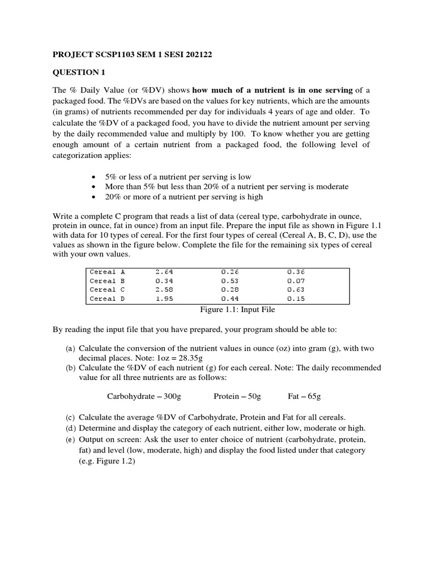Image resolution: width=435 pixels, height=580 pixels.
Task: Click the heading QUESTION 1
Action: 79,72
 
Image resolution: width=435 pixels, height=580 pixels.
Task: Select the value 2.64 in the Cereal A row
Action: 164,271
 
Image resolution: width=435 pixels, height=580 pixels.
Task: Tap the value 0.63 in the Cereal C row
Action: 296,289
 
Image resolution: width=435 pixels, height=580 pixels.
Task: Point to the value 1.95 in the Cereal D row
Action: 164,298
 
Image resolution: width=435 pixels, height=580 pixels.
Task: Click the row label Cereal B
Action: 107,280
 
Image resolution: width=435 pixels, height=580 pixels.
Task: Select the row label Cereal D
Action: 107,298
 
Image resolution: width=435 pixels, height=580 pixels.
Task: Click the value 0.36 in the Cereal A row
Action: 296,271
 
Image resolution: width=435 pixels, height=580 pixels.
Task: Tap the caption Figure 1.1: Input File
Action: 237,309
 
